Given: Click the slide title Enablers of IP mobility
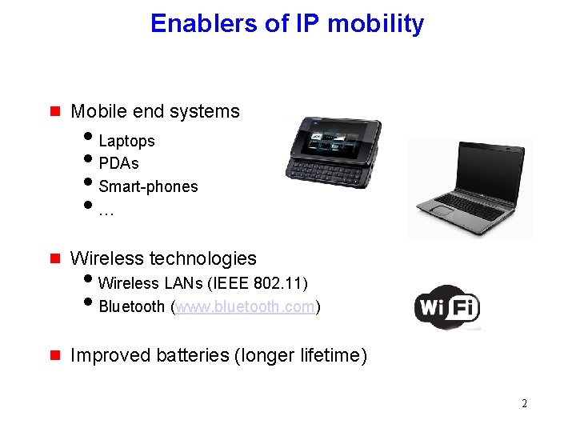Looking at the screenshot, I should pos(287,24).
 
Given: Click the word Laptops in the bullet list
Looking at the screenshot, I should pos(126,141).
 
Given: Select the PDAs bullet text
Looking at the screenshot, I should pos(118,163).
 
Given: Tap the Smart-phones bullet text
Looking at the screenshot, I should pos(148,186).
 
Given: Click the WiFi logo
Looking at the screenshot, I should pos(446,306).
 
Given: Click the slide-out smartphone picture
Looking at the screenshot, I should pos(334,147).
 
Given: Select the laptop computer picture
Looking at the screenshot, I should pos(470,189).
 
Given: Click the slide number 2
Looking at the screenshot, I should pos(524,403).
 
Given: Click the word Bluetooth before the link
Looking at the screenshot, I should pos(132,306).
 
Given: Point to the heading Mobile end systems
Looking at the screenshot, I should pos(155,111).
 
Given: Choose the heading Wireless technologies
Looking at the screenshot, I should pos(163,258).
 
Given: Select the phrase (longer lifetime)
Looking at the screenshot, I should pos(301,355).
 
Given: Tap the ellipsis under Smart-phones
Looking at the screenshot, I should pos(106,212).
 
